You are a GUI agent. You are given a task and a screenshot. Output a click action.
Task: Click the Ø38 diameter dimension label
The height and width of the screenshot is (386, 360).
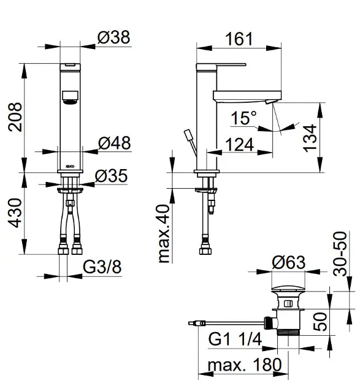pos(113,37)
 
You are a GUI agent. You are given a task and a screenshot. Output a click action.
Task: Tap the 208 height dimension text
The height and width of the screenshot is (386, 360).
pos(15,117)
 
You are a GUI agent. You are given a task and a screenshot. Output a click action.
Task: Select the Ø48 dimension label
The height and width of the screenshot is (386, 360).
pos(114,143)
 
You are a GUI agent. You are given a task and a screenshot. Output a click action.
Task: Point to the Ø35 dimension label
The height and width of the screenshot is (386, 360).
pos(112,176)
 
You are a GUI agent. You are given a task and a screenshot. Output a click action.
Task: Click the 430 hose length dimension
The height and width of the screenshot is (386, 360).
pos(15,213)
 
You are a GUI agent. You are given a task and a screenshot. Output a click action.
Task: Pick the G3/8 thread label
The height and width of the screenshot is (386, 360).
pos(102,267)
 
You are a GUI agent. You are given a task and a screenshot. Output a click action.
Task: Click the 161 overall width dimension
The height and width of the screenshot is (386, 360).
pos(239,39)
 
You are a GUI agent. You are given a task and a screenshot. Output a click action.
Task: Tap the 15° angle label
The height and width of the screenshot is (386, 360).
pos(243,118)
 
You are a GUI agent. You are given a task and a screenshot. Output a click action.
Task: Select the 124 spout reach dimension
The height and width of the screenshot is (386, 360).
pos(240,145)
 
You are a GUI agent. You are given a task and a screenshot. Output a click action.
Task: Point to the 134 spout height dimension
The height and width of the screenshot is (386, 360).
pos(310,138)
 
